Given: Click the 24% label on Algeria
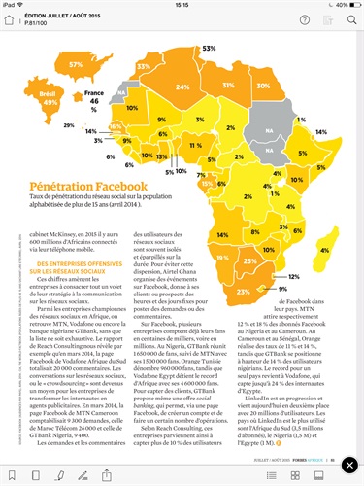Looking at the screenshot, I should pos(182,85).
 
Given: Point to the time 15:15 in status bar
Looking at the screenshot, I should pos(182,5).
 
